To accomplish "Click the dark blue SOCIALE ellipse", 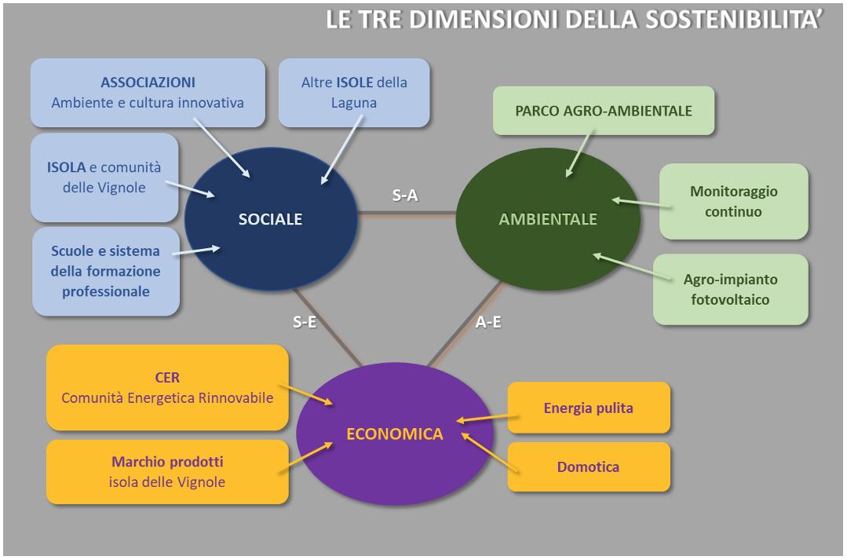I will click(270, 219).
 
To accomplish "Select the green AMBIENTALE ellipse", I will click(547, 219).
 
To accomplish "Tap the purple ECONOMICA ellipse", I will click(395, 434).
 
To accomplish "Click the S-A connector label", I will click(405, 196).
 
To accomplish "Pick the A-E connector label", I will click(488, 322).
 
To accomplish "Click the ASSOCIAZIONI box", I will click(148, 92).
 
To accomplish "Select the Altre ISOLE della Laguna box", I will click(354, 92).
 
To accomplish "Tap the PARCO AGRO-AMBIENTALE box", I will click(604, 111).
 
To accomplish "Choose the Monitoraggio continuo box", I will click(733, 201).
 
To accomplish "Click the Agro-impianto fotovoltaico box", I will click(730, 289).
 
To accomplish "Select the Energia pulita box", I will click(588, 408).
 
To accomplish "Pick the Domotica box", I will click(588, 467).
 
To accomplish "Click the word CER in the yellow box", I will click(167, 378).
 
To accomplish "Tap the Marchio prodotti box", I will click(167, 471).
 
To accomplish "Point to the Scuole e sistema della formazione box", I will click(106, 271).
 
